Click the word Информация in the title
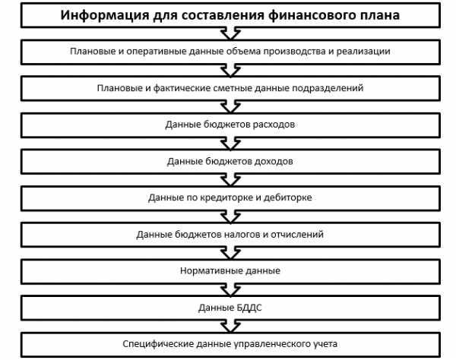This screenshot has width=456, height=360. pyautogui.click(x=105, y=15)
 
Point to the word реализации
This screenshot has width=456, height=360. pyautogui.click(x=363, y=52)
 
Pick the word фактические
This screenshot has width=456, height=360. pyautogui.click(x=182, y=88)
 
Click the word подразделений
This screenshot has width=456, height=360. pyautogui.click(x=328, y=88)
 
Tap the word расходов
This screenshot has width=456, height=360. pyautogui.click(x=274, y=125)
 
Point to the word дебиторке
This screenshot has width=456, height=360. pyautogui.click(x=287, y=198)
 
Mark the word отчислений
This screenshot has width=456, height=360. pyautogui.click(x=297, y=235)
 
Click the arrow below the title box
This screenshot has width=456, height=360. pyautogui.click(x=230, y=33)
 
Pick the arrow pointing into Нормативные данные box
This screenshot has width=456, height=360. pyautogui.click(x=230, y=254)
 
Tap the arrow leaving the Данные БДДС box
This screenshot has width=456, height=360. pyautogui.click(x=230, y=327)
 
